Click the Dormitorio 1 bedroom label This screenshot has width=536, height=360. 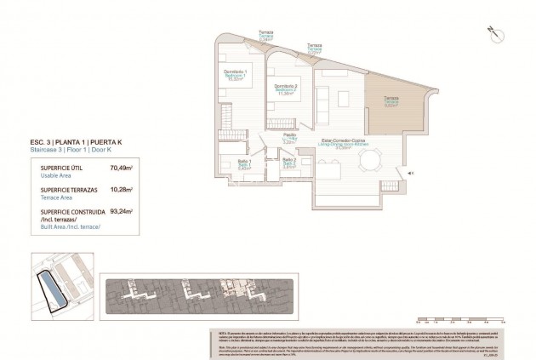(235, 73)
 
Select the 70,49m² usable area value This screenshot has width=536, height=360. (122, 169)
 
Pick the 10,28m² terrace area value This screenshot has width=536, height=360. (122, 189)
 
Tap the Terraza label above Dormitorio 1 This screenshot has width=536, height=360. (266, 34)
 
